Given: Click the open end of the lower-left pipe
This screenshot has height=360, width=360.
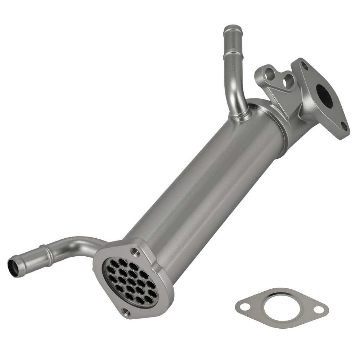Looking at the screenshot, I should pos(13,266).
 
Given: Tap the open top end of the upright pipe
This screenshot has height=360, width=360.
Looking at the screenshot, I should pos(232,28).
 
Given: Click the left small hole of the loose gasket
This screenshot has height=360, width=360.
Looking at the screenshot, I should pos(245,307).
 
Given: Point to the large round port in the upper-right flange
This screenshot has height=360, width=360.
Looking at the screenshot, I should pos(325,96).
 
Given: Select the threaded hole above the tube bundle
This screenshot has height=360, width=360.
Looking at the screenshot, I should pos(135,251).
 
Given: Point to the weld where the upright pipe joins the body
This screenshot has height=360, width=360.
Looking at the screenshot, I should pos(239,116).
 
